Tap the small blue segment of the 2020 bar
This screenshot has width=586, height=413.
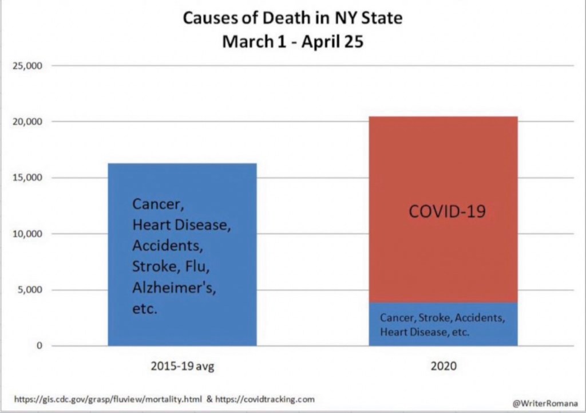(x=444, y=324)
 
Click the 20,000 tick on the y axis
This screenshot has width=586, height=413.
(x=28, y=121)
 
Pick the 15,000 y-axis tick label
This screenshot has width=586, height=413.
(x=28, y=178)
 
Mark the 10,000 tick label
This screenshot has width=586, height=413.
(x=28, y=234)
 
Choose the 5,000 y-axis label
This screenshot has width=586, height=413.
(x=30, y=290)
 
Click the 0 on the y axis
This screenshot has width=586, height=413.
(x=39, y=346)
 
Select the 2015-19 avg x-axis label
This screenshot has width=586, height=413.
(x=182, y=365)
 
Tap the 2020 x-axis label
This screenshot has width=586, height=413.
(x=444, y=365)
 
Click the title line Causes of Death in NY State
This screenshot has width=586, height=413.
(x=292, y=18)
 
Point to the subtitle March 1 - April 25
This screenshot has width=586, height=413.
(x=292, y=42)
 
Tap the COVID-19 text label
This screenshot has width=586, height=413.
(x=447, y=211)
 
